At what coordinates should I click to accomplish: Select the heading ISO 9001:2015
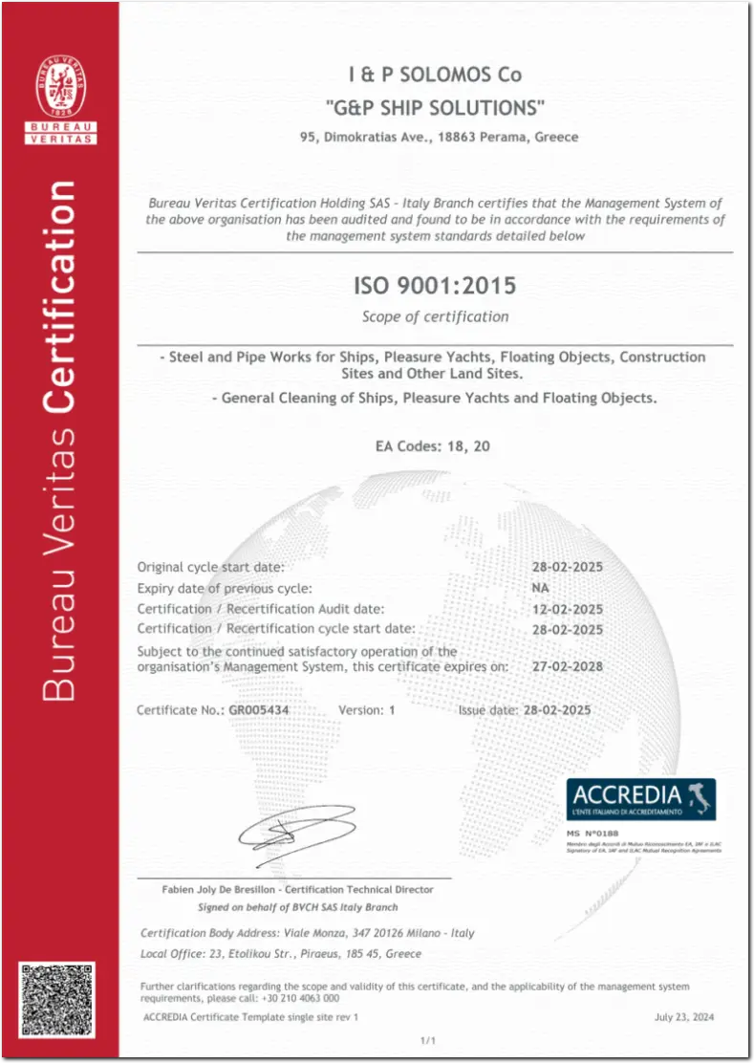click(435, 286)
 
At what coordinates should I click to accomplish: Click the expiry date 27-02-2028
click(567, 666)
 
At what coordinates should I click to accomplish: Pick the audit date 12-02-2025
click(567, 608)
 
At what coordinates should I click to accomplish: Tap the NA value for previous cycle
click(540, 588)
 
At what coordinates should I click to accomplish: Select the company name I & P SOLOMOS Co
click(435, 75)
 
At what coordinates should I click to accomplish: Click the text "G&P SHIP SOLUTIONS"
click(435, 105)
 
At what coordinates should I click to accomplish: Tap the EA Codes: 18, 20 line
click(435, 445)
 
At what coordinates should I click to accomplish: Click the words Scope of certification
click(435, 316)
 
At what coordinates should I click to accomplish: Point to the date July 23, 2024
click(683, 1017)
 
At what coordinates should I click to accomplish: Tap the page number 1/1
click(428, 1040)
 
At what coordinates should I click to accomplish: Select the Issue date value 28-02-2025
click(554, 710)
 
